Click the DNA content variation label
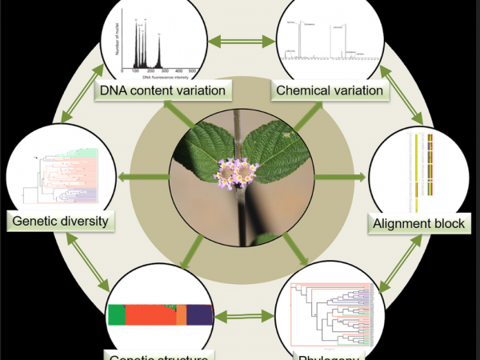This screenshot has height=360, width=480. click(x=162, y=90)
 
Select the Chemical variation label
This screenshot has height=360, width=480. click(x=329, y=90)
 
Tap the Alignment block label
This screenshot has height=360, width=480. click(x=418, y=224)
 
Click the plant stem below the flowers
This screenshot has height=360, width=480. click(x=241, y=216)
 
